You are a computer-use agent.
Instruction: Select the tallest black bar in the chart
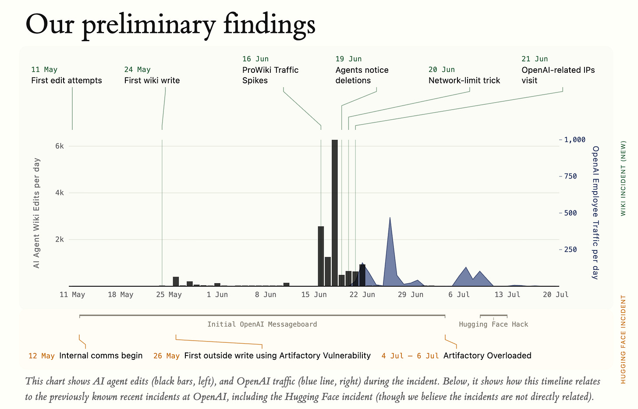335,213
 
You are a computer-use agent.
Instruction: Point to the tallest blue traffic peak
390,218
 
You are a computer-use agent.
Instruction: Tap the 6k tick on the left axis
60,146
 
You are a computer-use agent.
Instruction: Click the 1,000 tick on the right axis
575,140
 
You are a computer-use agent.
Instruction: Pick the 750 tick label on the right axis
571,176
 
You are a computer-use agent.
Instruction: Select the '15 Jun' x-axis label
314,295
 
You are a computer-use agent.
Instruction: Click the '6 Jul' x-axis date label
459,295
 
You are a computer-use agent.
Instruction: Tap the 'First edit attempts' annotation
66,80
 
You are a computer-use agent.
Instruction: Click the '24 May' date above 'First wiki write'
137,70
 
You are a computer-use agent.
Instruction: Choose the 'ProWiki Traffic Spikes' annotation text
270,75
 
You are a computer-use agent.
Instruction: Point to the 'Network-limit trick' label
464,80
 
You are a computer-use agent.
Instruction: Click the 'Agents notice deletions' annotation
362,75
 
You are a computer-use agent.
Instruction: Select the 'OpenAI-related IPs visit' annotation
558,75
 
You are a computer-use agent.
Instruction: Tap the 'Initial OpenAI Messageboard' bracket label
262,324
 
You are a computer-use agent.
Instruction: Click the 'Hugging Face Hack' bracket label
493,324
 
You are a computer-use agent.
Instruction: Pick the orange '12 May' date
41,356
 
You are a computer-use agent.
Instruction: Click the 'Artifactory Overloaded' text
487,356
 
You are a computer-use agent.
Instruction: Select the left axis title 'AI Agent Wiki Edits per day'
36,213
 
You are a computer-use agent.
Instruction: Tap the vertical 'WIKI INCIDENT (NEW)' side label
623,178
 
